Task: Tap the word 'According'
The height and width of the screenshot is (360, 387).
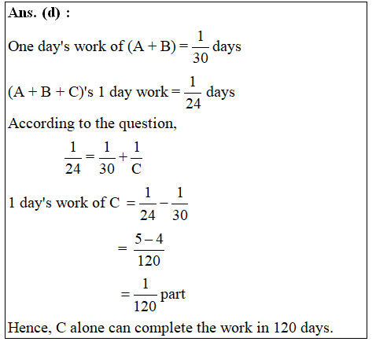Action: coord(38,123)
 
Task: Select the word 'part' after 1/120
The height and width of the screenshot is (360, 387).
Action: coord(172,296)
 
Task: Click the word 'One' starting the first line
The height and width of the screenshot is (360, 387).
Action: coord(21,47)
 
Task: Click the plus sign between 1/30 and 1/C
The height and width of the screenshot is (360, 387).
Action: coord(123,156)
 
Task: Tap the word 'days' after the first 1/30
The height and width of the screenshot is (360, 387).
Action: coord(227,47)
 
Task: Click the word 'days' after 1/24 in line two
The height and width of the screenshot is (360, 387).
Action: coord(220,93)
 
